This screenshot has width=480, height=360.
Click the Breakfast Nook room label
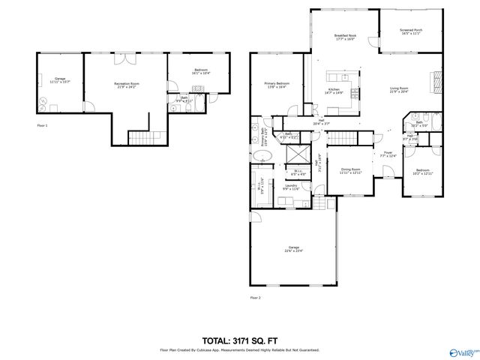click(345, 37)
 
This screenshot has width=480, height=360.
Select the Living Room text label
click(398, 90)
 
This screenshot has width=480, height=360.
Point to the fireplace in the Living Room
click(433, 79)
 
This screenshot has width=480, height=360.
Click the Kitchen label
click(334, 91)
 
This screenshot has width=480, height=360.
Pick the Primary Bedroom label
click(277, 85)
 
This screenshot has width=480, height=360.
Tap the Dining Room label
click(350, 170)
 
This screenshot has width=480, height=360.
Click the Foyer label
click(388, 154)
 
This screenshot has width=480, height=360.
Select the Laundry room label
click(291, 187)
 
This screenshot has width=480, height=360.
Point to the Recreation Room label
click(127, 85)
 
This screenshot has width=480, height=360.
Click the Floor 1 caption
click(42, 125)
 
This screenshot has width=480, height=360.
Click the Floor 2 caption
click(256, 298)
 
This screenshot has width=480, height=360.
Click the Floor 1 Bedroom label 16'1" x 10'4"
click(199, 72)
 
